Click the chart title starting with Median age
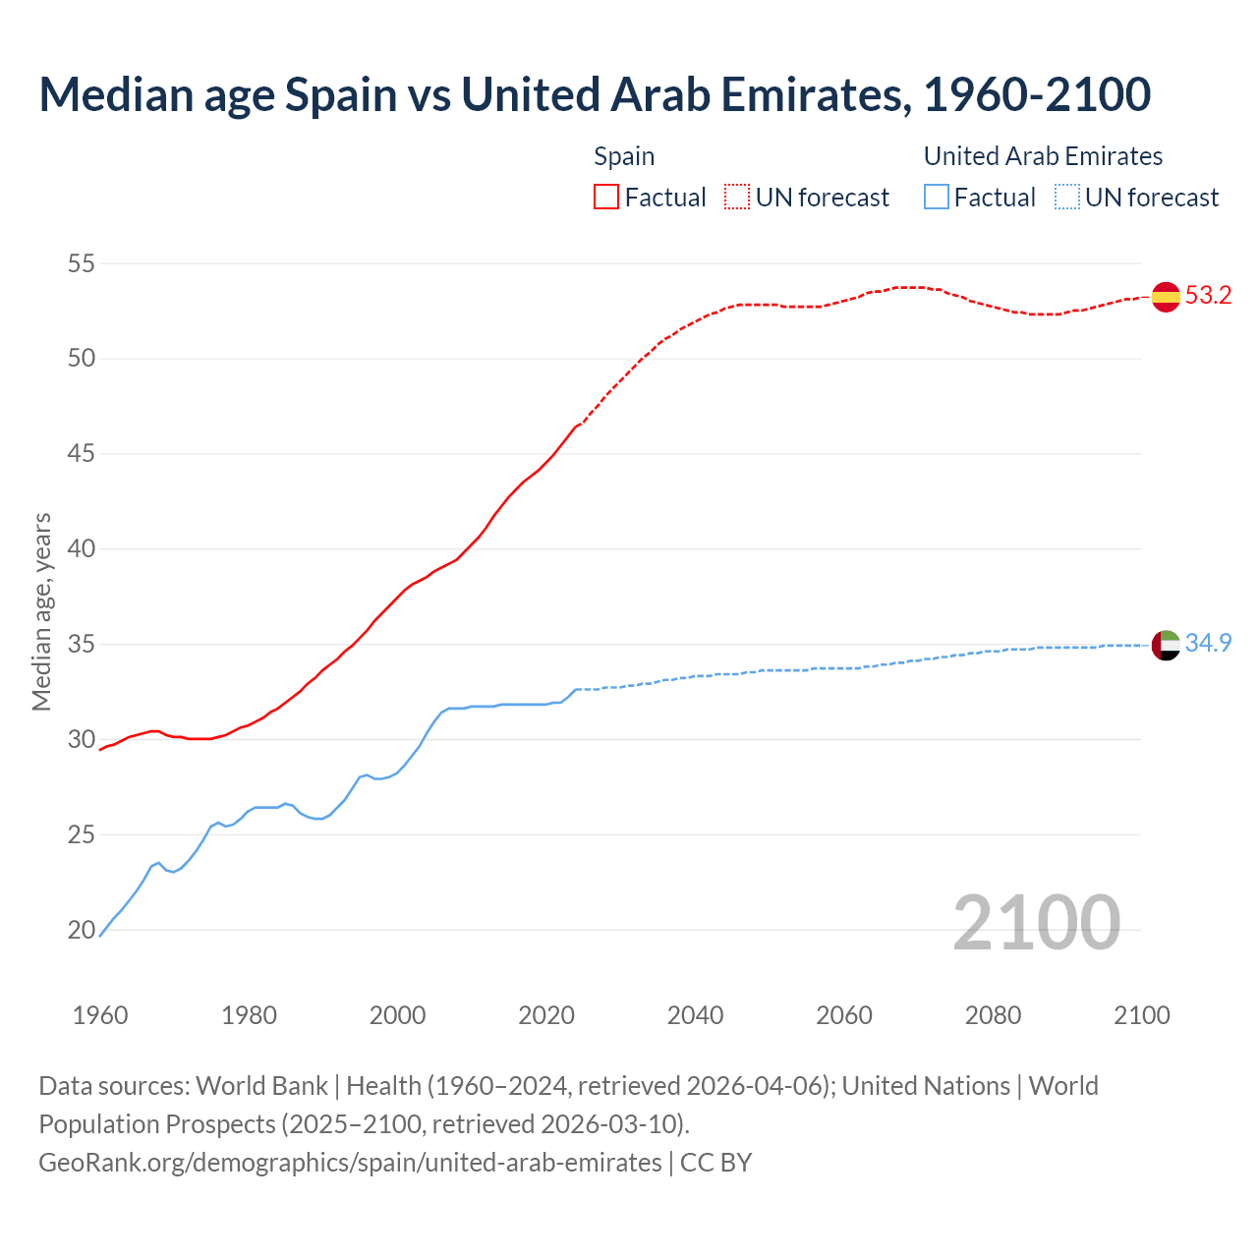tap(595, 94)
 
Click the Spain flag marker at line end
tap(1166, 296)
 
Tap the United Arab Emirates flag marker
tap(1166, 645)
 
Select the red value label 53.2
tap(1208, 296)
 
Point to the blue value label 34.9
tap(1208, 644)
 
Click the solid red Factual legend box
tap(606, 198)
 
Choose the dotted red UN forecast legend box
tap(737, 198)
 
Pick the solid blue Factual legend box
tap(937, 198)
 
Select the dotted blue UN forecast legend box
tap(1066, 198)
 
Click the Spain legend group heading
tap(624, 156)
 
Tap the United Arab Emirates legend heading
tap(1043, 156)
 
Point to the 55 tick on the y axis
tap(82, 263)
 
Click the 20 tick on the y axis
tap(82, 930)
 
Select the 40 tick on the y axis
tap(82, 549)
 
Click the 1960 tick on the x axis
tap(100, 1015)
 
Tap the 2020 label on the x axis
tap(546, 1015)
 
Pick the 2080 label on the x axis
tap(993, 1015)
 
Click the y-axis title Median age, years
tap(41, 611)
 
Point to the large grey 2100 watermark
tap(1036, 922)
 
